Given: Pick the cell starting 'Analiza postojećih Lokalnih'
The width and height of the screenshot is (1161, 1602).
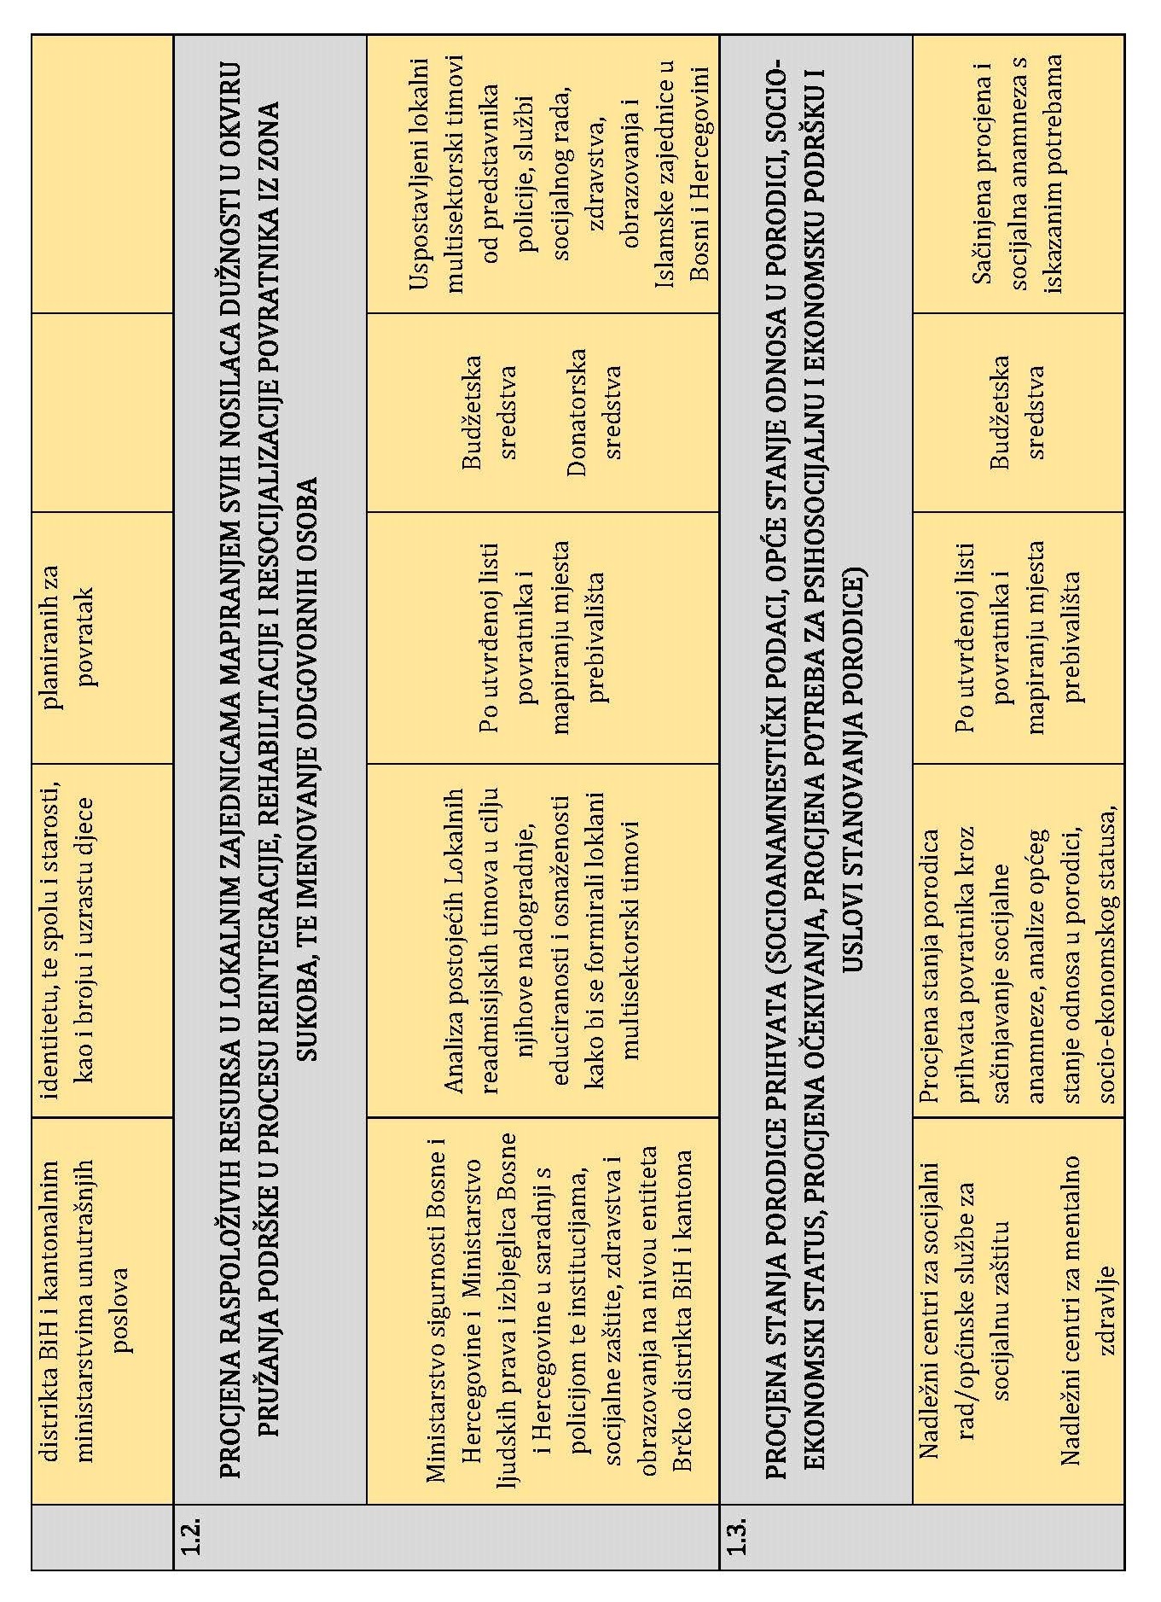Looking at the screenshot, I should tap(542, 939).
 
